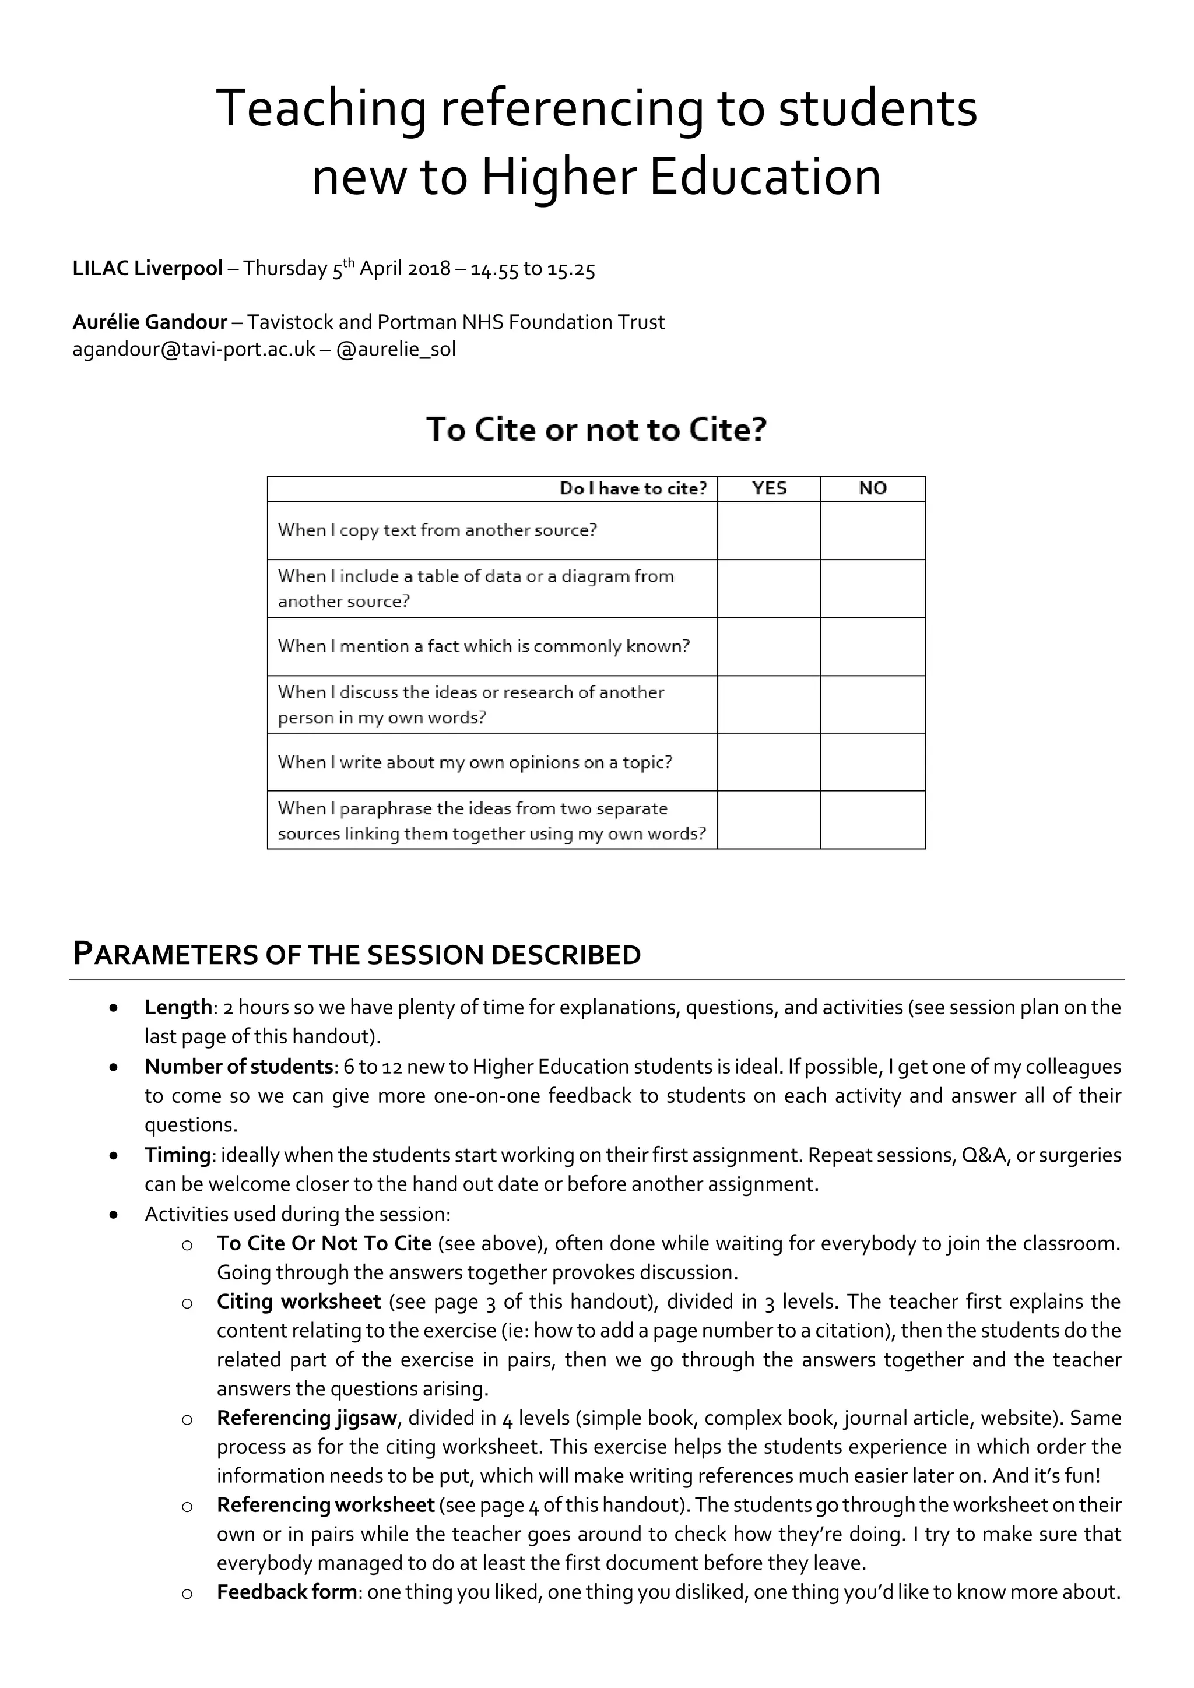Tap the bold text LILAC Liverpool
pyautogui.click(x=147, y=268)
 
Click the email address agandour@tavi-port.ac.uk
pyautogui.click(x=194, y=349)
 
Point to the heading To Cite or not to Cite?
pyautogui.click(x=596, y=430)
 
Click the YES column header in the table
pyautogui.click(x=769, y=489)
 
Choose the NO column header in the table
pyautogui.click(x=873, y=489)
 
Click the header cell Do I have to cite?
pyautogui.click(x=633, y=489)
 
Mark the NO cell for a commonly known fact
pyautogui.click(x=873, y=646)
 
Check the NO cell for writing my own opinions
pyautogui.click(x=873, y=762)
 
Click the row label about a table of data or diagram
pyautogui.click(x=476, y=588)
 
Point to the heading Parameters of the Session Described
pyautogui.click(x=357, y=954)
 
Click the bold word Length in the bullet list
pyautogui.click(x=178, y=1007)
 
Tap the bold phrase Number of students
pyautogui.click(x=239, y=1066)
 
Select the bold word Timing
pyautogui.click(x=177, y=1155)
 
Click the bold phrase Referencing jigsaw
pyautogui.click(x=307, y=1418)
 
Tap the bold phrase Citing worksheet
pyautogui.click(x=298, y=1302)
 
